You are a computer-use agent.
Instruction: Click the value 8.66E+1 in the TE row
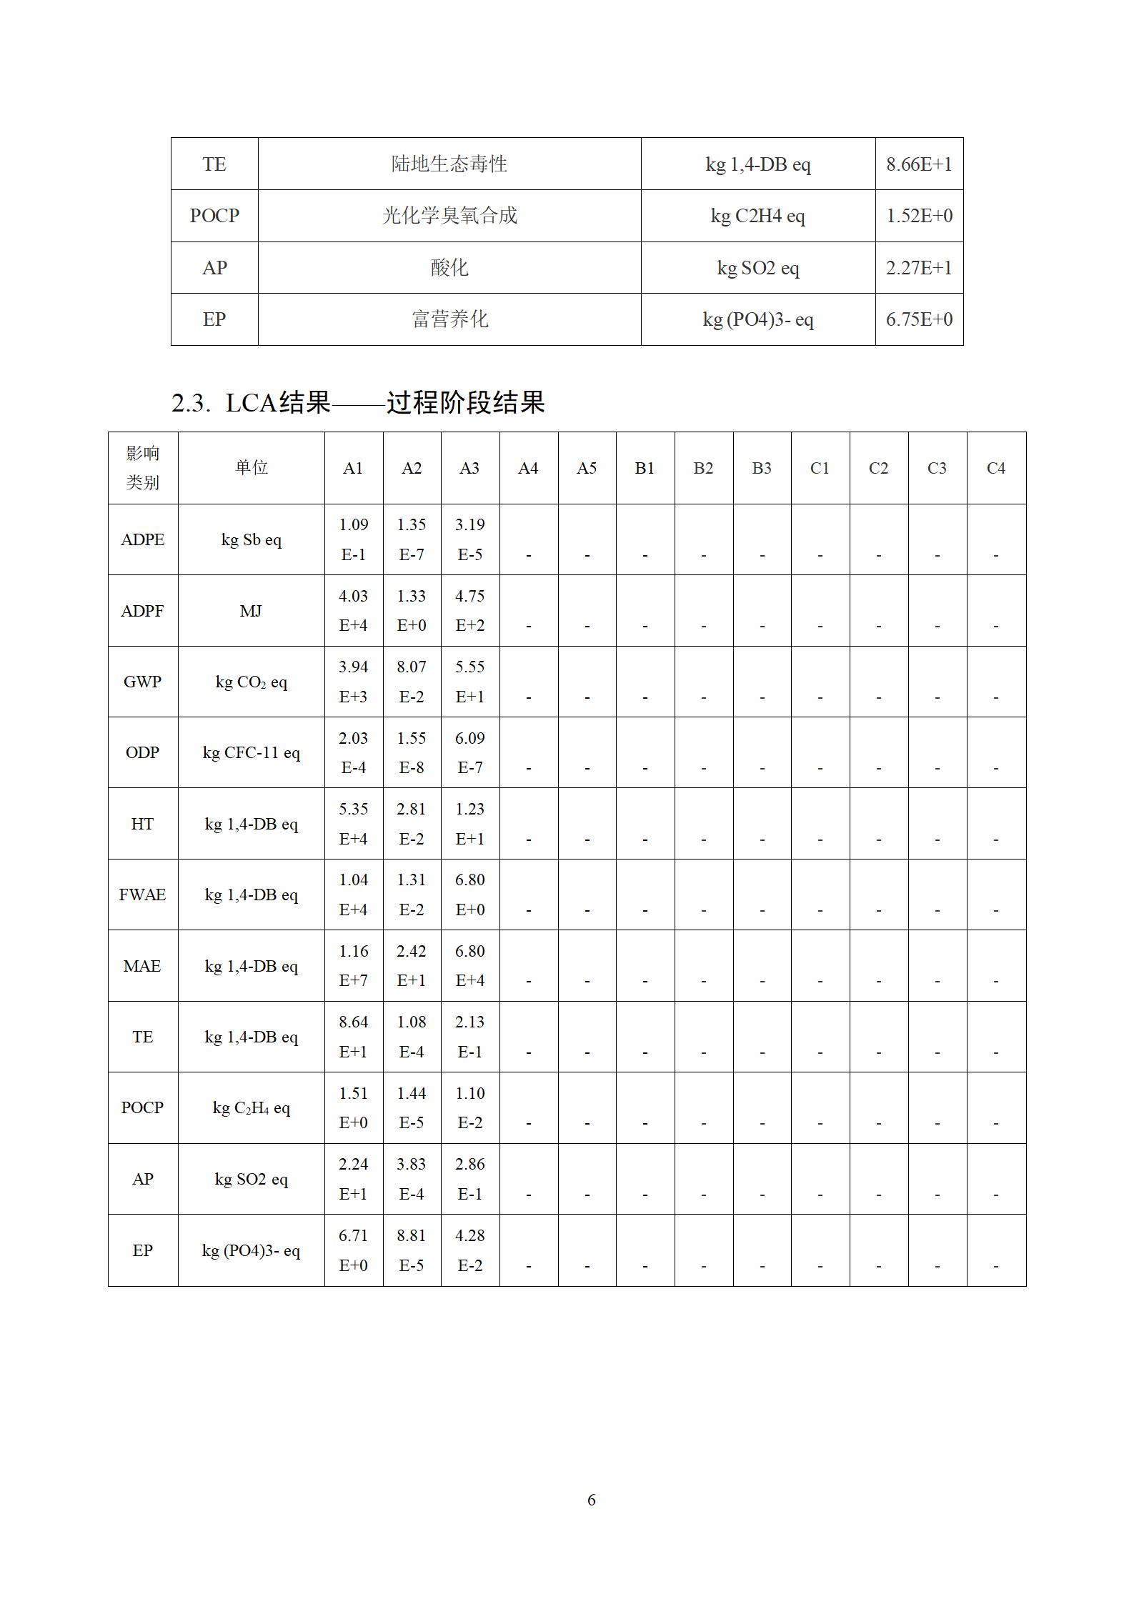pos(919,164)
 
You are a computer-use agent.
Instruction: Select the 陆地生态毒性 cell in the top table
pos(449,164)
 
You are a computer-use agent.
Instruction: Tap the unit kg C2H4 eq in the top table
pos(757,216)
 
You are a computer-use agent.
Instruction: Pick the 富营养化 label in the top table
pos(449,319)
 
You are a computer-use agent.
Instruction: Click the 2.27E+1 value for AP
pos(919,268)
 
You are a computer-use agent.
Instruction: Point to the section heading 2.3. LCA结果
pos(358,403)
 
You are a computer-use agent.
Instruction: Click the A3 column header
pos(469,468)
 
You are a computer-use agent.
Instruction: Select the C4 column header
pos(995,468)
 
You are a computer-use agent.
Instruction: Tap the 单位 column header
pos(251,468)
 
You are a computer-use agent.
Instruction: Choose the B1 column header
pos(645,468)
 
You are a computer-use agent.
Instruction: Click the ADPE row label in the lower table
pos(142,539)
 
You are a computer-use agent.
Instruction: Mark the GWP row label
pos(142,682)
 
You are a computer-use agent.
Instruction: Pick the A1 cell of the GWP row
pos(353,682)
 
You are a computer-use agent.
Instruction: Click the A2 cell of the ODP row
pos(411,752)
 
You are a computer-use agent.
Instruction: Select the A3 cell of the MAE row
pos(469,965)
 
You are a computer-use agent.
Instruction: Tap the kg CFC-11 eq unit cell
pos(251,752)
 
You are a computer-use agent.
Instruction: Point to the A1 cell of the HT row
pos(353,824)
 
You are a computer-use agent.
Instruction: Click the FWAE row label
pos(142,895)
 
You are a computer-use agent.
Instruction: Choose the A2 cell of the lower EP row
pos(411,1250)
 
